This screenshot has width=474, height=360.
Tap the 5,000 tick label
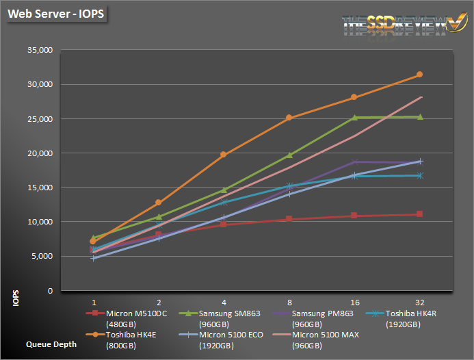click(42, 256)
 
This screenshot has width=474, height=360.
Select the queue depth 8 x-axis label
click(289, 300)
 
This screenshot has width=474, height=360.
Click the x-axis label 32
click(419, 300)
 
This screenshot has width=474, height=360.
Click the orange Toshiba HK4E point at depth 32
click(419, 75)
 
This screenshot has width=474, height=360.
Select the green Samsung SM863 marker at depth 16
click(354, 117)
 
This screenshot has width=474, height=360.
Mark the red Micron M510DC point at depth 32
click(419, 214)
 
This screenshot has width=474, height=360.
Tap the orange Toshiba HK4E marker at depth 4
click(224, 155)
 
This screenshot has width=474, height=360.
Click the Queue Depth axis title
click(51, 345)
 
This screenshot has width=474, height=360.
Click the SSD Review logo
click(395, 24)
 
